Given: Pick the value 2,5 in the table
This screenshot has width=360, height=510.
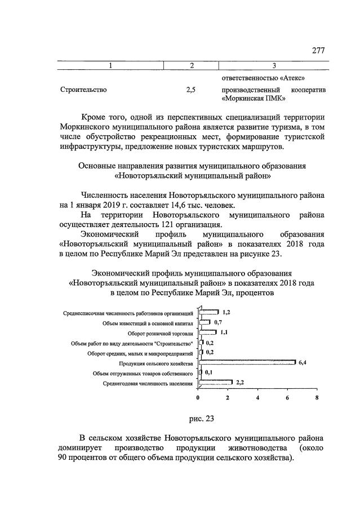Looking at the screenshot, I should click(x=191, y=89).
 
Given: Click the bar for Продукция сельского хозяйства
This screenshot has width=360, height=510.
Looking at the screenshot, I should click(x=247, y=362).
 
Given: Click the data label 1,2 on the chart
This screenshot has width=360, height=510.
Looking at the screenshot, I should click(x=226, y=312).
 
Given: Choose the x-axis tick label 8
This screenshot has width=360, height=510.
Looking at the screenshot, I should click(x=317, y=397).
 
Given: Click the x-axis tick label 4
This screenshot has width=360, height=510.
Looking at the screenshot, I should click(x=257, y=397).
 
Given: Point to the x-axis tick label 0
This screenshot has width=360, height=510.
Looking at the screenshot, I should click(x=198, y=397).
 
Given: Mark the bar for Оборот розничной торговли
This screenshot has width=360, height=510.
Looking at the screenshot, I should click(x=207, y=332).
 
